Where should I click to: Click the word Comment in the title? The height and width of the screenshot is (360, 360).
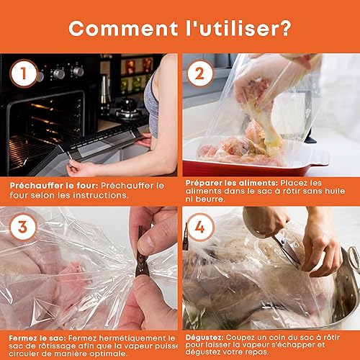tap(123, 29)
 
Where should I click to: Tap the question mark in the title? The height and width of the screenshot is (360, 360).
tap(285, 28)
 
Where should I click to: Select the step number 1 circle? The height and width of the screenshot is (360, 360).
tap(24, 73)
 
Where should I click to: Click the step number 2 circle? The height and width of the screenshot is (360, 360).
tap(199, 73)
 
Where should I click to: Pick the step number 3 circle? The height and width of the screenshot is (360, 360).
tap(23, 227)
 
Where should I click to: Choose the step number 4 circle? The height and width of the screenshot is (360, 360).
tap(200, 227)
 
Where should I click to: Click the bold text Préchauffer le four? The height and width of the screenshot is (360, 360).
tap(54, 186)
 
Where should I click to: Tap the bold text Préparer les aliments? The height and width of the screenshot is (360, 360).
tap(232, 183)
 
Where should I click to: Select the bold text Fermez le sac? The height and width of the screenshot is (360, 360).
tap(37, 338)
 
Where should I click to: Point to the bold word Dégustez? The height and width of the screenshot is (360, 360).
tap(204, 338)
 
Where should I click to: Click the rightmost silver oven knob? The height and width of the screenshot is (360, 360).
tap(78, 71)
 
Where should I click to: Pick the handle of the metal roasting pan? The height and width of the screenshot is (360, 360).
tap(351, 258)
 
